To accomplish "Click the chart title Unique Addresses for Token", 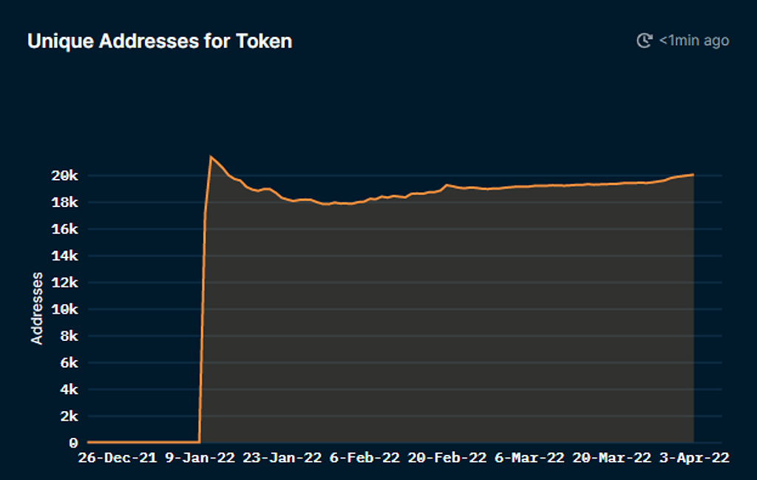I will pos(160,41).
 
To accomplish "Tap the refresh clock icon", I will pos(645,41).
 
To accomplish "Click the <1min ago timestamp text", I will pos(694,41).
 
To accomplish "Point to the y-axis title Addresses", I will pos(37,308).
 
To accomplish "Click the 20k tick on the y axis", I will pos(65,176).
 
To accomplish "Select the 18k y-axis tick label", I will pos(65,203).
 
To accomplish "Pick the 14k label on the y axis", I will pos(65,256).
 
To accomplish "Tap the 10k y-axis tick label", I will pos(65,309).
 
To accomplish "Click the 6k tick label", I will pos(69,362).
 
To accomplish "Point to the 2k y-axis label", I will pos(69,416).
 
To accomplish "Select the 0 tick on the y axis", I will pos(73,443).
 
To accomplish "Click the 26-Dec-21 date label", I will pos(118,458).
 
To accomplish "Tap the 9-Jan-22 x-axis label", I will pos(200,458).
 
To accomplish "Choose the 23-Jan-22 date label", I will pos(282,458).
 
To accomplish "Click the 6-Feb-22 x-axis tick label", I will pos(364,458).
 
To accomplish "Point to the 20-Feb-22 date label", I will pos(447,458).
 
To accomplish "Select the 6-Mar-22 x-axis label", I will pos(529,458).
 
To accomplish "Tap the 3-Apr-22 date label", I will pos(693,458).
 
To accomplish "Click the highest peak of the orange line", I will pos(211,157).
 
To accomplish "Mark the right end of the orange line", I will pos(693,175).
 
